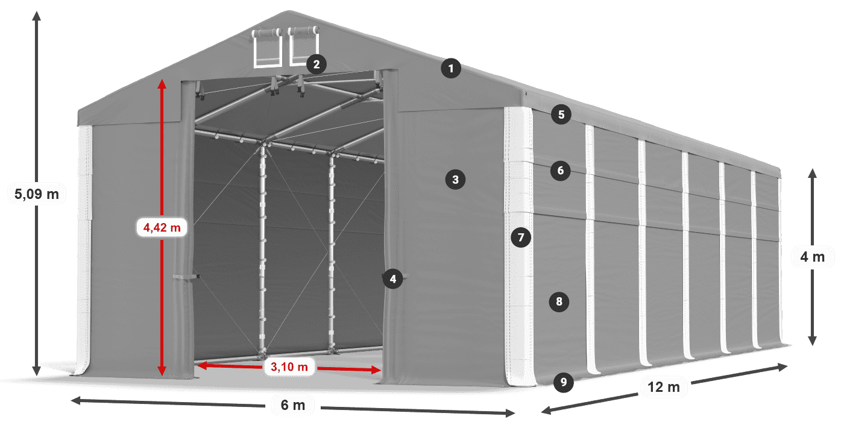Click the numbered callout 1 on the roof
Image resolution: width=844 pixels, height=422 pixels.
tap(451, 69)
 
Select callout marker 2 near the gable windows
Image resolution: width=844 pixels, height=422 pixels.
tap(316, 65)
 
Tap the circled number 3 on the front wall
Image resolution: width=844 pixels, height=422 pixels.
tap(455, 180)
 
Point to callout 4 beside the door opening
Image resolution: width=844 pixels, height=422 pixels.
tap(392, 279)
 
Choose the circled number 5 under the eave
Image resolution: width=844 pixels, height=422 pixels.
tap(561, 115)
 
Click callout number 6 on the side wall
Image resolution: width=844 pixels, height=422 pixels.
tap(560, 171)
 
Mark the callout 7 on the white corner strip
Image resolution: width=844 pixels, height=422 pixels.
tap(521, 238)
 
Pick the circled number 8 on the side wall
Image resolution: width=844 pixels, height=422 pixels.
tap(559, 301)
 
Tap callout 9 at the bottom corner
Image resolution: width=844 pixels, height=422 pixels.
tap(564, 382)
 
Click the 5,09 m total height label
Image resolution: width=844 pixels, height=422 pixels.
tap(37, 194)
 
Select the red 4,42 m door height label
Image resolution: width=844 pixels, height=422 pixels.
tap(162, 228)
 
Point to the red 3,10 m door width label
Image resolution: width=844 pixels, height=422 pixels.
tap(289, 367)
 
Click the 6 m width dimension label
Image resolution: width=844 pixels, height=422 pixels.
tap(293, 405)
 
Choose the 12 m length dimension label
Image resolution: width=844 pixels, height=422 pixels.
tap(664, 387)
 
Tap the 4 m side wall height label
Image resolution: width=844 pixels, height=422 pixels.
tap(813, 257)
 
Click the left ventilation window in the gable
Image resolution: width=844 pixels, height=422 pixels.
tap(267, 48)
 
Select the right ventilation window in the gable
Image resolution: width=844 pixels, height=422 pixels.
tap(304, 45)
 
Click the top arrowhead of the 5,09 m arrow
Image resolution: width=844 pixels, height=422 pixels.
tap(37, 16)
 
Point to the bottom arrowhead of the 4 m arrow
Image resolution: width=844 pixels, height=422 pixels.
tap(813, 341)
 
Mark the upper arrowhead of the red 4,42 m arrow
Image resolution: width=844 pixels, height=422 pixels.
tap(162, 84)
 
